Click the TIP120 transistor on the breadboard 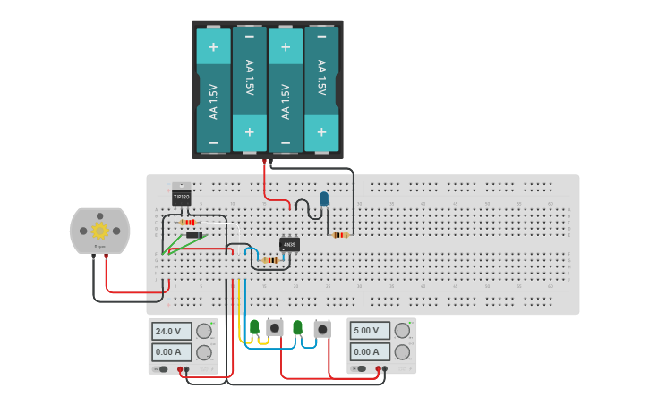click(181, 196)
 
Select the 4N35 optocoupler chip click(289, 244)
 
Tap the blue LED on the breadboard click(324, 199)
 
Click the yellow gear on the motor click(99, 231)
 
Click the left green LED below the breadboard click(254, 327)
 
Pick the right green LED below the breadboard click(297, 327)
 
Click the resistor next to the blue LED click(340, 235)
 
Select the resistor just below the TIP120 click(188, 222)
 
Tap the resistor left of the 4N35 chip click(269, 259)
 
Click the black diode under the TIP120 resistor click(193, 235)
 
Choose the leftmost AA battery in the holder click(213, 89)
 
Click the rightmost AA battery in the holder click(321, 89)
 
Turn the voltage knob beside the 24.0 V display click(205, 331)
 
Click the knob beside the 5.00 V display click(402, 330)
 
